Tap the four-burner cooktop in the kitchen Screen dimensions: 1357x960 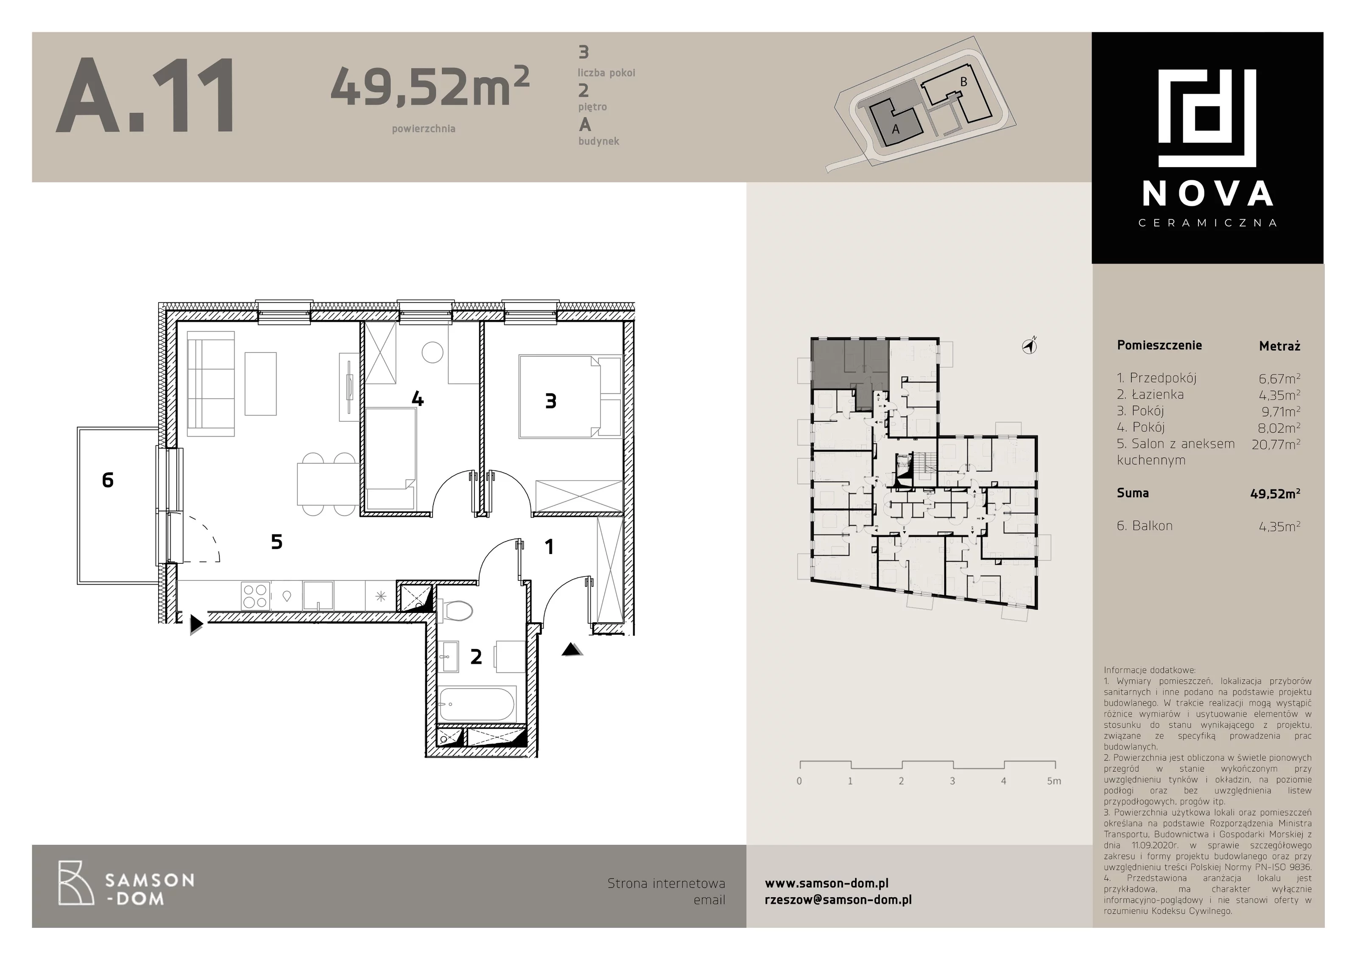tap(255, 596)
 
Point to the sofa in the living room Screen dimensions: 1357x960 tap(210, 383)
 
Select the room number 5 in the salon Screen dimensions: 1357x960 tap(276, 541)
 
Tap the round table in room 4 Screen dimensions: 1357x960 tap(433, 353)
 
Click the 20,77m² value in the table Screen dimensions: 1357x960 tap(1276, 444)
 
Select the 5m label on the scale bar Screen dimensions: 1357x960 tap(1054, 781)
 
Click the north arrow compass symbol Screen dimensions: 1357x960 tap(1030, 345)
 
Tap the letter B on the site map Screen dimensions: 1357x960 tap(963, 82)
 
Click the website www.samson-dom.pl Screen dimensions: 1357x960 tap(826, 883)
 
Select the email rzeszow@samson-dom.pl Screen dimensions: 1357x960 tap(838, 900)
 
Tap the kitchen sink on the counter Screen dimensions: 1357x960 tap(318, 596)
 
